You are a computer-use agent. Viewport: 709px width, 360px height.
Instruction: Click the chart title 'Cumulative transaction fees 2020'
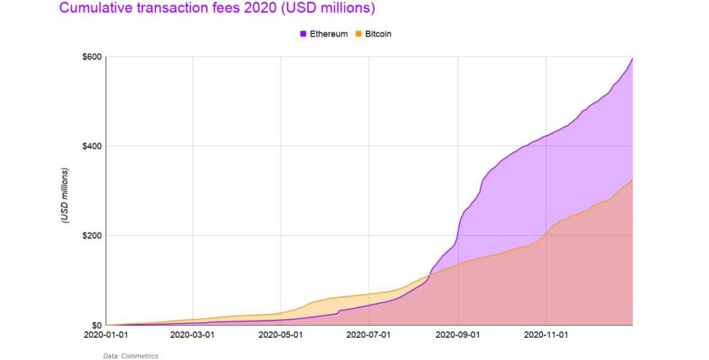[x=217, y=9]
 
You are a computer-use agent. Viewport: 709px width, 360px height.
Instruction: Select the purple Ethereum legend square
[x=303, y=34]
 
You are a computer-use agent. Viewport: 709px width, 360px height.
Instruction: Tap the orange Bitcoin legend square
[x=358, y=34]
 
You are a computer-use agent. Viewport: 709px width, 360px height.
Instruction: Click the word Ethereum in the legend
[x=328, y=34]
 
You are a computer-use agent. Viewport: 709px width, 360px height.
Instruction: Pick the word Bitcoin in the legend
[x=378, y=34]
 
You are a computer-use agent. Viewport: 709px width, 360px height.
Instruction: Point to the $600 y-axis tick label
[x=92, y=57]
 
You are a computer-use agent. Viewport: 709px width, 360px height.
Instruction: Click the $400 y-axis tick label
[x=92, y=146]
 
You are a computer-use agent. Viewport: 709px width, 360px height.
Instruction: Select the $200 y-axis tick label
[x=92, y=235]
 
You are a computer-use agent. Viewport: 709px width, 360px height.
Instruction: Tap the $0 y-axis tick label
[x=96, y=325]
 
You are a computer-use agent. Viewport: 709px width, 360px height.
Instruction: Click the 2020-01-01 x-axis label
[x=106, y=335]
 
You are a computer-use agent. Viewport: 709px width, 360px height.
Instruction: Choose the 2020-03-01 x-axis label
[x=192, y=335]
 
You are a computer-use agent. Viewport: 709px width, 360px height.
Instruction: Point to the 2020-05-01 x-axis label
[x=281, y=335]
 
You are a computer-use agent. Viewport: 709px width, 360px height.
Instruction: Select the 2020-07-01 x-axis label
[x=368, y=335]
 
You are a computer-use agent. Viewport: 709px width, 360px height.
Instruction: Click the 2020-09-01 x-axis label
[x=458, y=335]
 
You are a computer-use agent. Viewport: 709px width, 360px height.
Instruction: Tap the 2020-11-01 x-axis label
[x=546, y=335]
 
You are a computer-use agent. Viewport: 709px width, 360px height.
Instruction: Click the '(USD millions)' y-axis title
[x=64, y=196]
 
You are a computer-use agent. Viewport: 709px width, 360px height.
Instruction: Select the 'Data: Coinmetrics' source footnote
[x=131, y=356]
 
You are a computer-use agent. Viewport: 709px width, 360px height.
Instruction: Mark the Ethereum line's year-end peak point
[x=632, y=58]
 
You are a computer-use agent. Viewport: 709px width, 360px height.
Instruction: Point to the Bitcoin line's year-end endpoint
[x=632, y=179]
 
